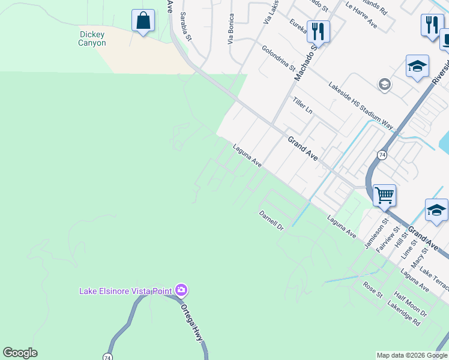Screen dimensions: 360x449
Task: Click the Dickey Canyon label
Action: tap(92, 39)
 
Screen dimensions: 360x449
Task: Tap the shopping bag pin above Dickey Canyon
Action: tap(143, 22)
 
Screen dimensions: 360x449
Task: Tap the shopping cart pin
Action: tap(384, 195)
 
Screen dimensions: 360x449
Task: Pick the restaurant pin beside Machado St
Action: tap(318, 31)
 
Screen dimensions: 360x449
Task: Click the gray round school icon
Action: tap(384, 85)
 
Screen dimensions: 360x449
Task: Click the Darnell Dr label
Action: tap(271, 220)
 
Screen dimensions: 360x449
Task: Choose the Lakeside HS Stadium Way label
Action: tap(360, 106)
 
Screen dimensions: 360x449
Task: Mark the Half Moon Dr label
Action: tap(410, 305)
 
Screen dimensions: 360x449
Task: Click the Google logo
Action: tap(20, 353)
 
